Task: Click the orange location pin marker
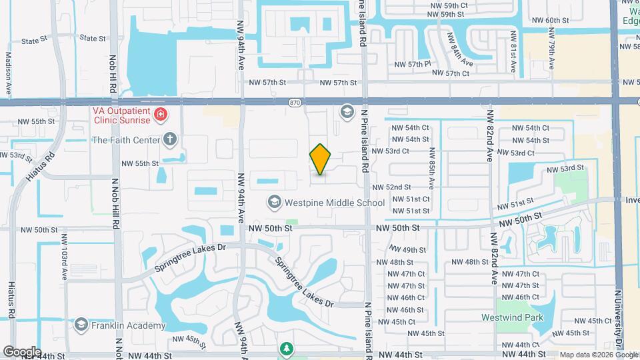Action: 320,159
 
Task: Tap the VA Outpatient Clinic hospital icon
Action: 160,115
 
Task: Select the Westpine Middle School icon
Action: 273,202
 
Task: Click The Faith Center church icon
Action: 170,140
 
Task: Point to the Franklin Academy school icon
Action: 81,325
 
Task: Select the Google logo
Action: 22,351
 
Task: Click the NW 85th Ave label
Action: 432,166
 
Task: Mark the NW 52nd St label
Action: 392,188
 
